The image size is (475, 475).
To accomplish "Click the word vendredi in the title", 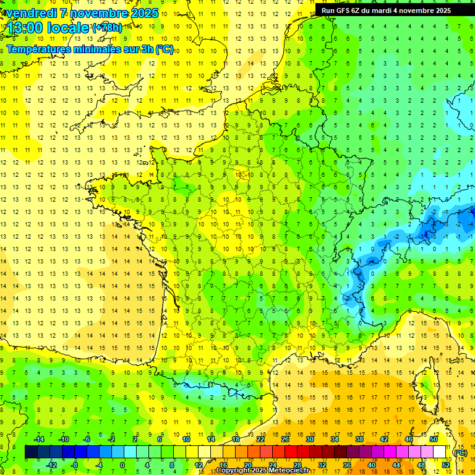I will click(31, 13).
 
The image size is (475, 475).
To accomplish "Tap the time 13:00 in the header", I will click(25, 28).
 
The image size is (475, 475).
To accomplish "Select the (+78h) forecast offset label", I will click(107, 28).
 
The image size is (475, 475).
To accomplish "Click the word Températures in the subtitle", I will click(43, 49).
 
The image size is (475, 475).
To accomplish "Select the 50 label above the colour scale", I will click(433, 439).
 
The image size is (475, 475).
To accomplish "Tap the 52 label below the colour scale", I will click(445, 464).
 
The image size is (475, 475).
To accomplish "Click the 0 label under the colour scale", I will click(122, 464).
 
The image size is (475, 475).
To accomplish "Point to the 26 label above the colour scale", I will click(285, 439).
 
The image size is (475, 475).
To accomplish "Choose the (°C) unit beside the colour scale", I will click(460, 452).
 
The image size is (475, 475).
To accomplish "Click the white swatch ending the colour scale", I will click(439, 452).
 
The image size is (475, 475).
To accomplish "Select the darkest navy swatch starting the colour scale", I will click(31, 452).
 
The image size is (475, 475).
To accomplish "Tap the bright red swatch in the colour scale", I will click(291, 452).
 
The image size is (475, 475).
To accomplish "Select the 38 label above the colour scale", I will click(359, 439).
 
